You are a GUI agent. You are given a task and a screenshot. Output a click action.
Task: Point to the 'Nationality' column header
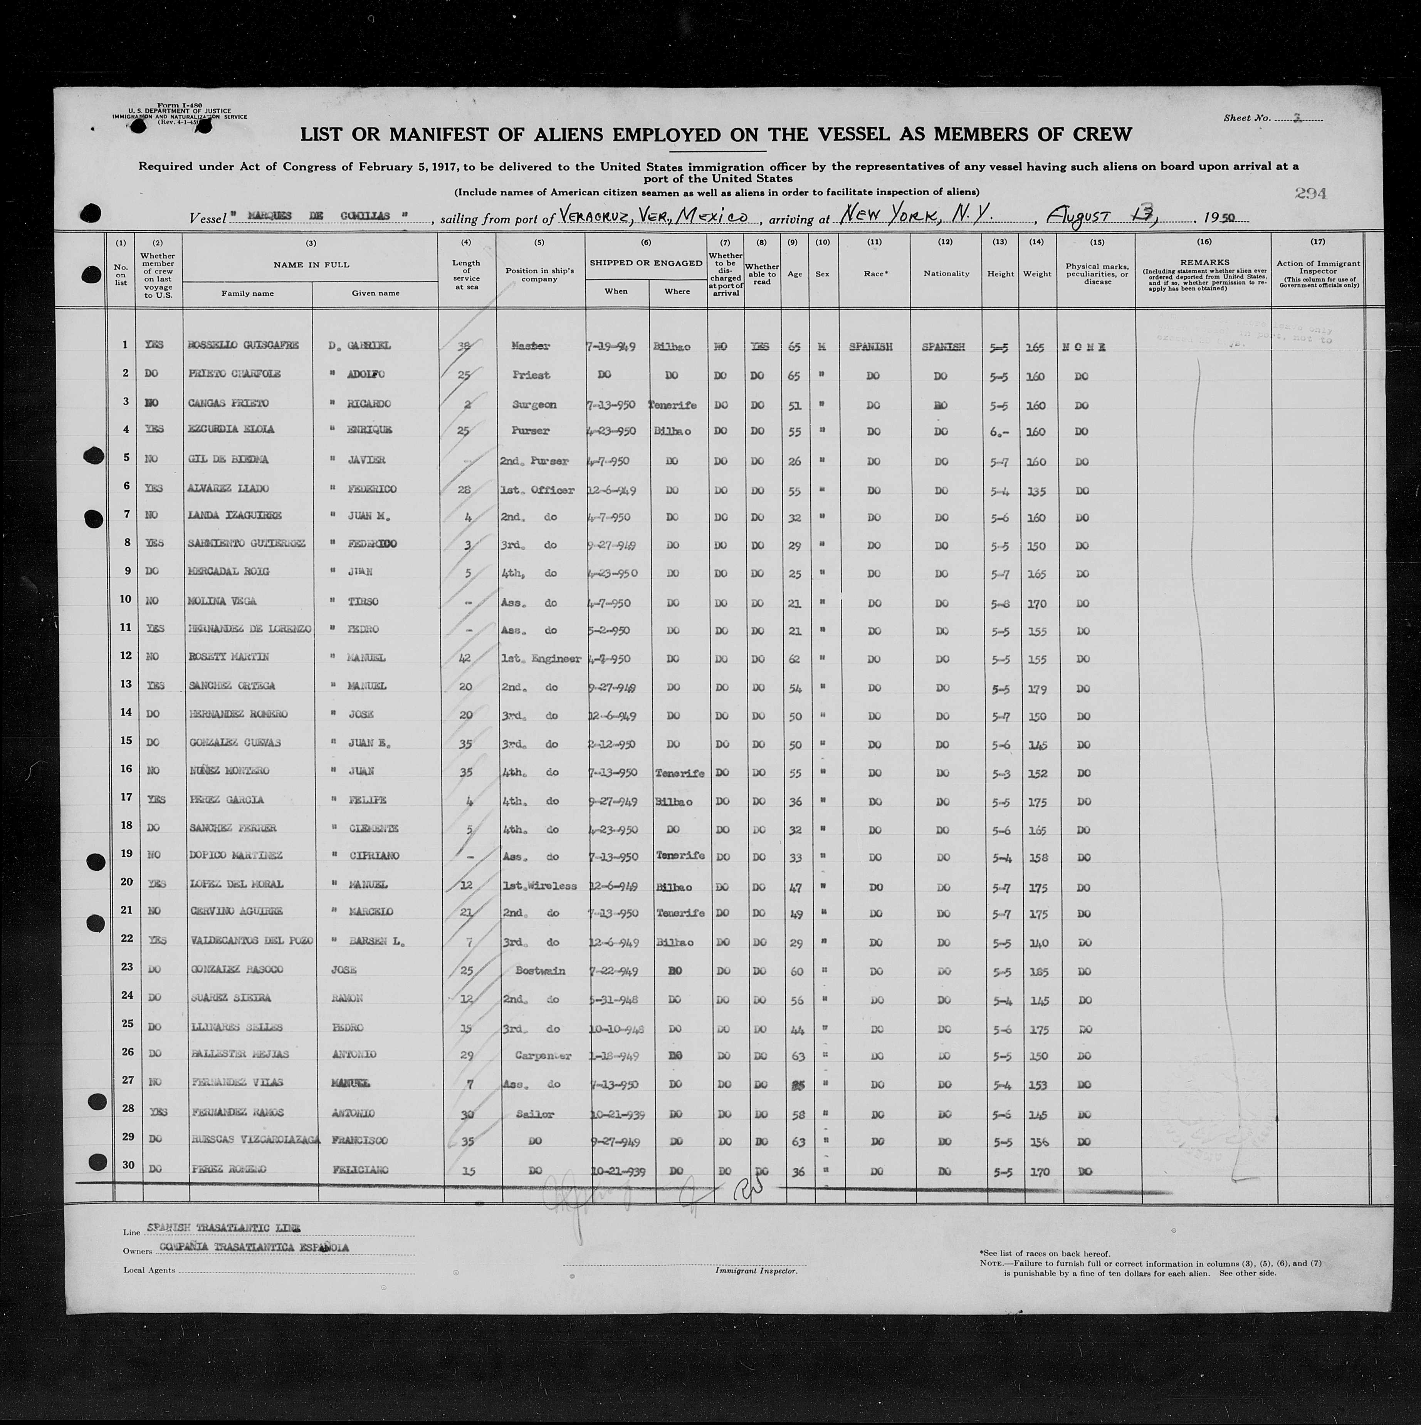[946, 274]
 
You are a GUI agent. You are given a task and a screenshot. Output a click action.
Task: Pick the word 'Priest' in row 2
[531, 375]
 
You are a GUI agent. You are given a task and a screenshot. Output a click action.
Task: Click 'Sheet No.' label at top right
[1246, 118]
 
